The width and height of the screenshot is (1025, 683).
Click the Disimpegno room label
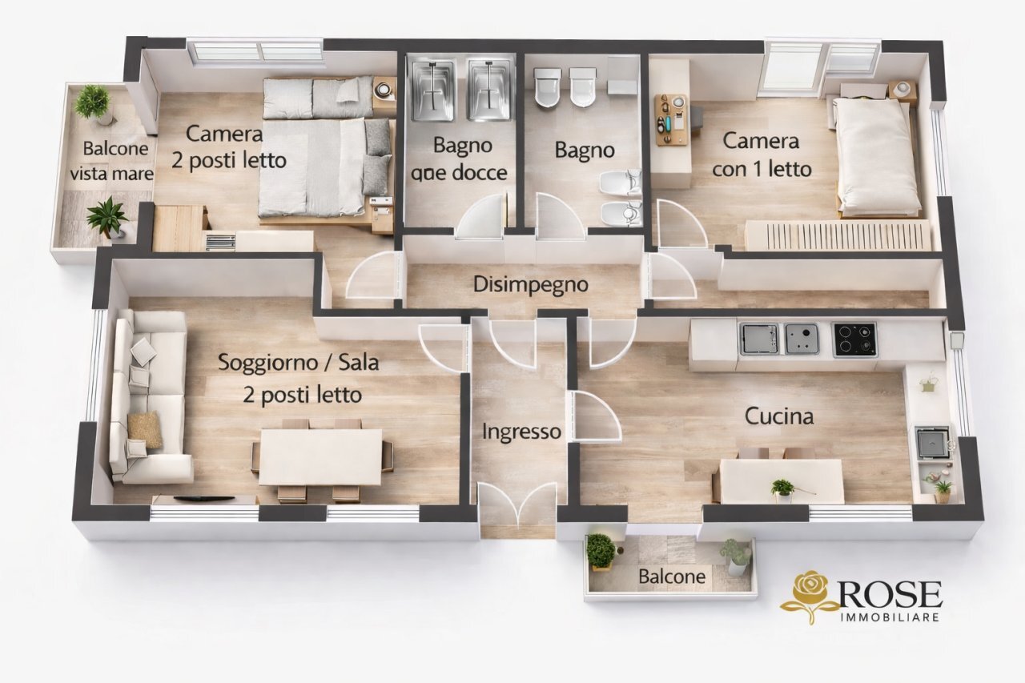pos(530,284)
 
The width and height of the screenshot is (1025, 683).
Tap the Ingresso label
pos(521,432)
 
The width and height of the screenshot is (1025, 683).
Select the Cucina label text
pos(778,416)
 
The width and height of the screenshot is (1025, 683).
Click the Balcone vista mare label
pos(110,161)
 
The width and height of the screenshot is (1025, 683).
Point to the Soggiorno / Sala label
pos(298,378)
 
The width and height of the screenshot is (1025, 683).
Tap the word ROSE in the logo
pos(890,594)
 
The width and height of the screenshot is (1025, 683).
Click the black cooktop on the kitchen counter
pos(854,339)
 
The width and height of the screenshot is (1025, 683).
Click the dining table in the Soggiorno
pos(320,457)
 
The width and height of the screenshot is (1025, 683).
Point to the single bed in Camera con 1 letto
pos(876,156)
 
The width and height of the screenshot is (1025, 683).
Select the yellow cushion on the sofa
pos(145,430)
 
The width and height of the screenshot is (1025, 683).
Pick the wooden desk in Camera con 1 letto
pos(671,120)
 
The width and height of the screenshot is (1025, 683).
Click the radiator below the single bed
pos(838,235)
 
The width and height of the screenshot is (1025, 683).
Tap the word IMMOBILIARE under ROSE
pos(890,617)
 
